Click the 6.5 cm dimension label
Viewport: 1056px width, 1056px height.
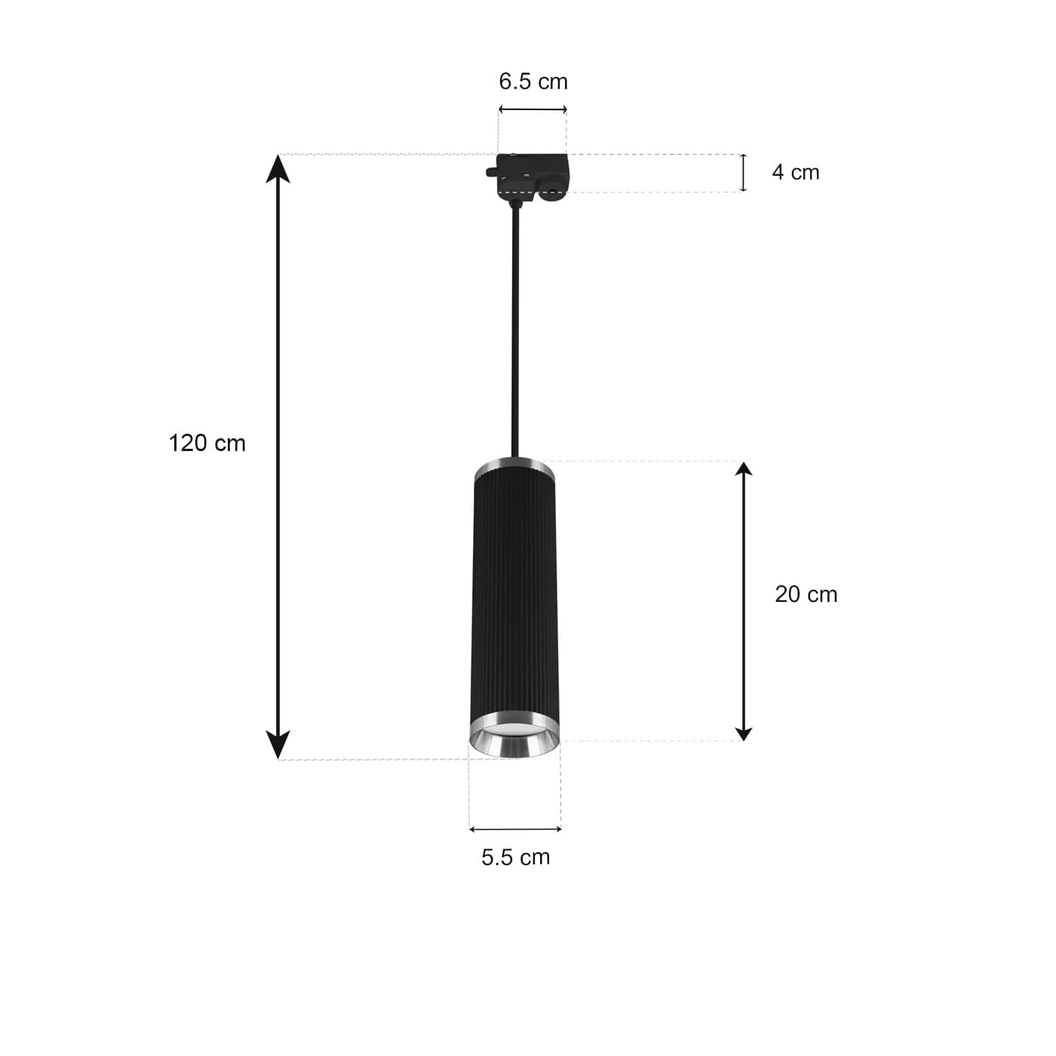tap(533, 81)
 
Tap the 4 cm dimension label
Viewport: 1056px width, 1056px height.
tap(795, 173)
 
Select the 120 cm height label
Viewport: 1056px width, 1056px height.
tap(207, 443)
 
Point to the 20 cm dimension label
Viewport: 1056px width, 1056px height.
tap(806, 594)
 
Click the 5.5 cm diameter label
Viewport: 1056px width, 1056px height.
tap(515, 858)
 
